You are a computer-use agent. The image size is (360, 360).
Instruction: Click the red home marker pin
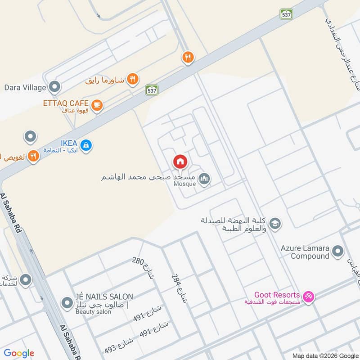click(x=180, y=161)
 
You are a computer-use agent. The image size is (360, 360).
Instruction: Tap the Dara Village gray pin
click(x=55, y=86)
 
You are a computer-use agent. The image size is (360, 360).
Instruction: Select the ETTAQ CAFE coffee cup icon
click(x=97, y=105)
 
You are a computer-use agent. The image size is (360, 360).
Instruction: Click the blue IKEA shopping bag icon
click(x=87, y=145)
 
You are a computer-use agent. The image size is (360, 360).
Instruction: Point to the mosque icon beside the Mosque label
click(x=205, y=179)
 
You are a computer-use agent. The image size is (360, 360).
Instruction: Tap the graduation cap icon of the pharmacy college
click(x=275, y=223)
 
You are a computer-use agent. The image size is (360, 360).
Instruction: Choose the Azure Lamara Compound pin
click(x=338, y=251)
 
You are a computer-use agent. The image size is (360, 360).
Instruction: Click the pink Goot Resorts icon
click(x=309, y=296)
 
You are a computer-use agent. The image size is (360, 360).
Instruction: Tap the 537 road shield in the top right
click(x=286, y=13)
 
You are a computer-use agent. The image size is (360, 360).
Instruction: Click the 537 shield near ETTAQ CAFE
click(x=152, y=90)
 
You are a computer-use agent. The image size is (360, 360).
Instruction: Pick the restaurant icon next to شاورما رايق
click(x=132, y=80)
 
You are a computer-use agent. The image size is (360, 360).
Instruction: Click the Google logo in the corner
click(x=19, y=353)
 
